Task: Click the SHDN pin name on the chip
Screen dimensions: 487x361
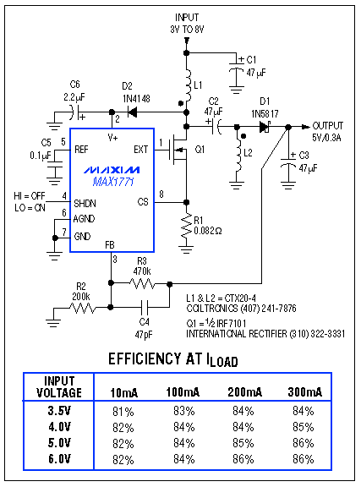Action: [x=85, y=202]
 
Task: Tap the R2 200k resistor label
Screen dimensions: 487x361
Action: [x=80, y=292]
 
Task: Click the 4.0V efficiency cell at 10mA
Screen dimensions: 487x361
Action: [x=123, y=427]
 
